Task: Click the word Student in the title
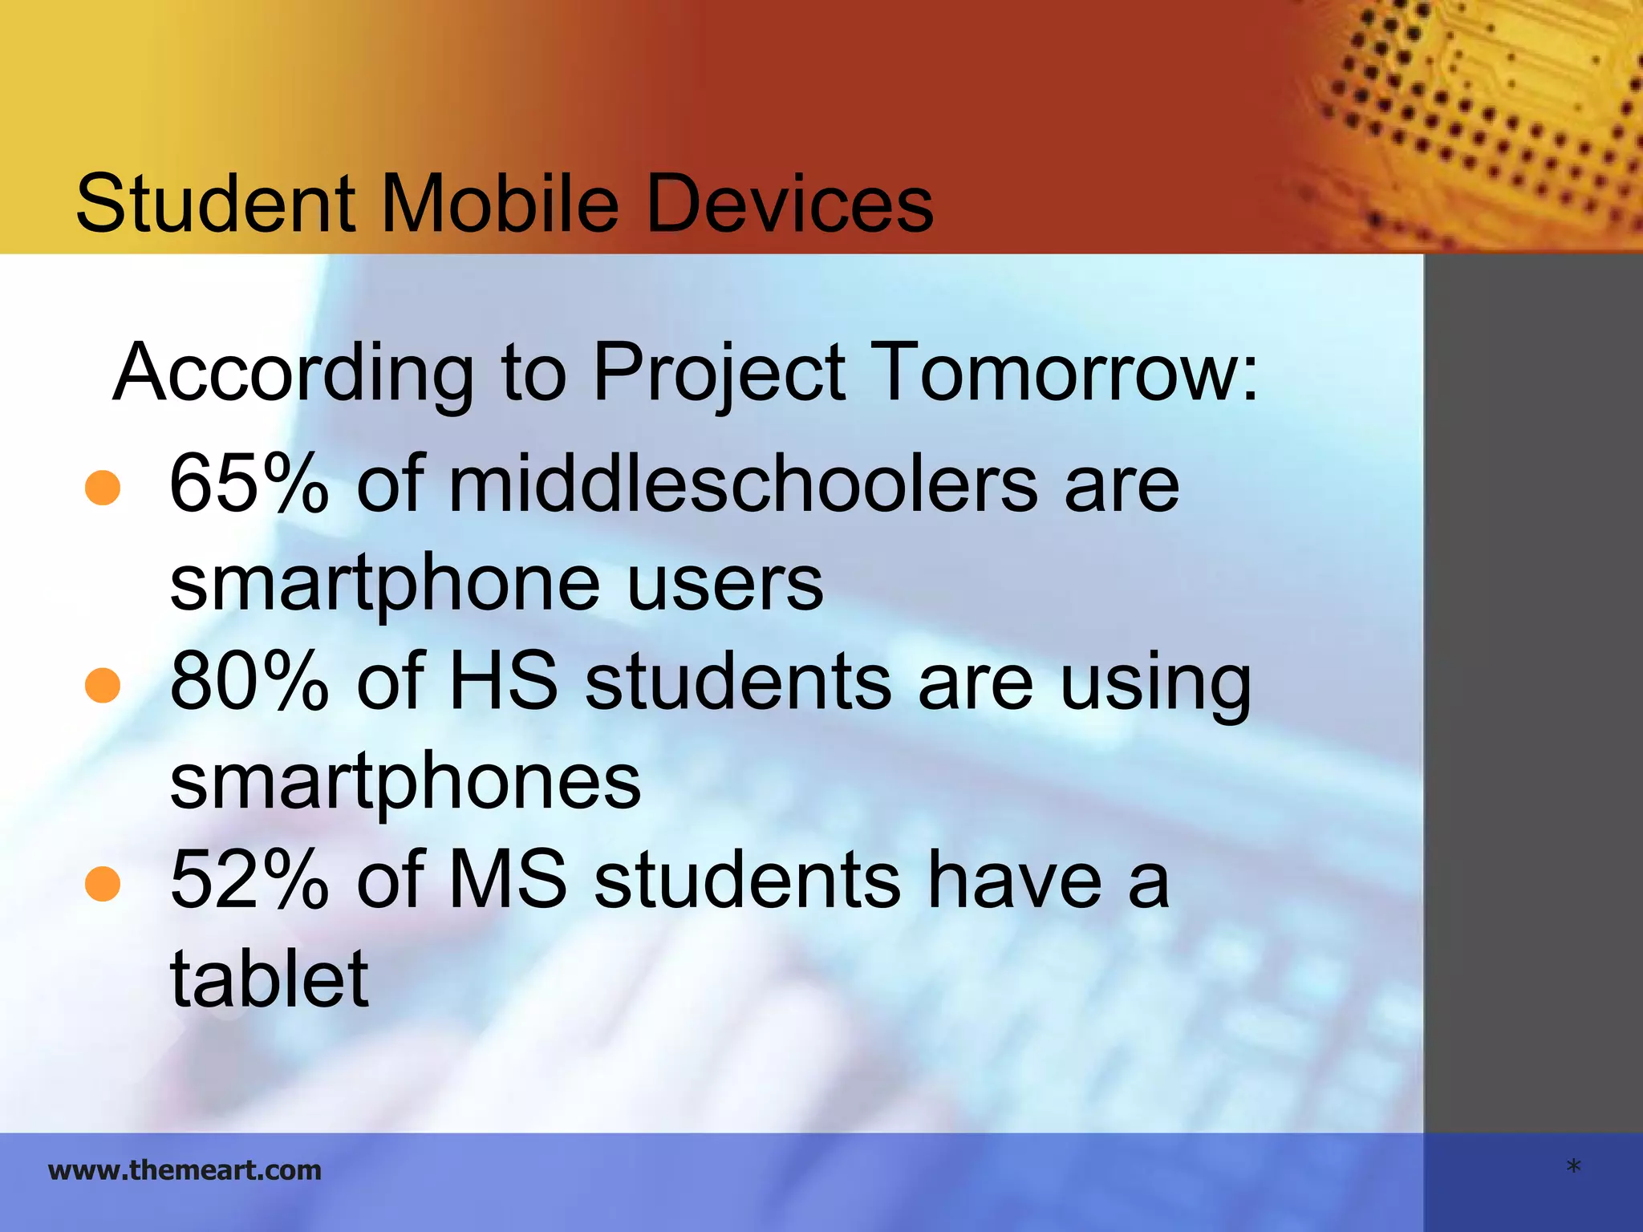(215, 204)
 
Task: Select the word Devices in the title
(789, 204)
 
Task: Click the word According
(294, 374)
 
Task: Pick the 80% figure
(249, 682)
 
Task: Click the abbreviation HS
(503, 682)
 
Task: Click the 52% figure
(249, 881)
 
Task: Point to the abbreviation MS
(508, 881)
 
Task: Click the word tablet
(269, 979)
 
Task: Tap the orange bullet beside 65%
(103, 488)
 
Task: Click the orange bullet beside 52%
(103, 884)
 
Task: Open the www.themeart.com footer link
(185, 1170)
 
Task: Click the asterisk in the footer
(1573, 1168)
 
